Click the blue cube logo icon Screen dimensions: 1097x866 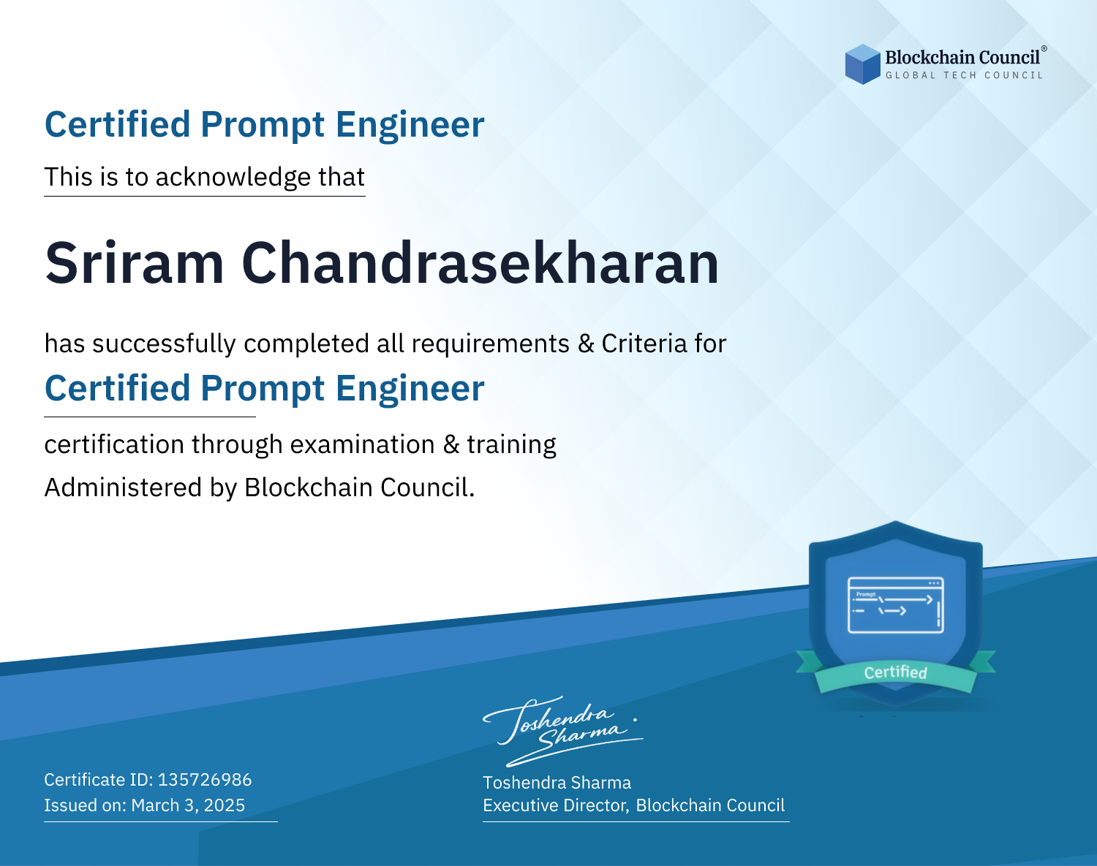pyautogui.click(x=862, y=64)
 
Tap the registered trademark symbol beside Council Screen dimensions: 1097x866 pyautogui.click(x=1044, y=49)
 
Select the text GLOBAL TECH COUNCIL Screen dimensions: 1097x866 pyautogui.click(x=964, y=75)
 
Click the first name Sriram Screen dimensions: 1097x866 pyautogui.click(x=134, y=263)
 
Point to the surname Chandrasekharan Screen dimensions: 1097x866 pyautogui.click(x=480, y=263)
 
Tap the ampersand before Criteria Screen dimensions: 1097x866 pyautogui.click(x=586, y=344)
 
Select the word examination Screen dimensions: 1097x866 pyautogui.click(x=362, y=444)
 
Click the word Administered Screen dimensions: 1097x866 pyautogui.click(x=123, y=487)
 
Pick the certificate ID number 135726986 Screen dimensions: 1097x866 pyautogui.click(x=205, y=780)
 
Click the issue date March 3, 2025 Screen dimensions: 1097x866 pyautogui.click(x=188, y=805)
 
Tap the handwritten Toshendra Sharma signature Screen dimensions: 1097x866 pyautogui.click(x=563, y=732)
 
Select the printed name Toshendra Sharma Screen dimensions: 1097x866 pyautogui.click(x=557, y=783)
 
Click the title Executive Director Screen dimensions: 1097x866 pyautogui.click(x=555, y=805)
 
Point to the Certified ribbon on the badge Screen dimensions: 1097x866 pyautogui.click(x=896, y=672)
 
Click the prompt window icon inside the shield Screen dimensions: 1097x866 pyautogui.click(x=896, y=605)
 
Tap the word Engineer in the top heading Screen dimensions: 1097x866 pyautogui.click(x=410, y=125)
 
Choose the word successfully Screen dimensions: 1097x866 pyautogui.click(x=164, y=344)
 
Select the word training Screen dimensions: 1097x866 pyautogui.click(x=511, y=445)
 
